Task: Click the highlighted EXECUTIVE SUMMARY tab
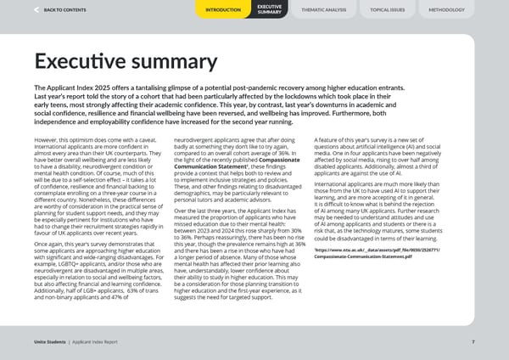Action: pyautogui.click(x=269, y=9)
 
